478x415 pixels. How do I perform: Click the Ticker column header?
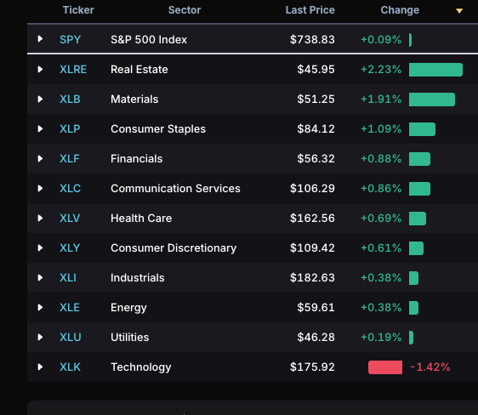tap(78, 10)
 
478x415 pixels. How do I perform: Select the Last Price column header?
tap(310, 10)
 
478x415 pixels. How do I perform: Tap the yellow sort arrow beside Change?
tap(459, 11)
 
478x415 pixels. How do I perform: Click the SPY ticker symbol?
tap(70, 40)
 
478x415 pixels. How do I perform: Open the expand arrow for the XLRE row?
tap(40, 70)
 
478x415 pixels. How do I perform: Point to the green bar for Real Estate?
tap(435, 70)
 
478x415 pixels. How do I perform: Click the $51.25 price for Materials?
tap(316, 99)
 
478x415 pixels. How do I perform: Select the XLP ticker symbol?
tap(70, 129)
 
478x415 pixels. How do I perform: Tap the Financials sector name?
tap(137, 159)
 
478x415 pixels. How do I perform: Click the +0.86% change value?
tap(381, 189)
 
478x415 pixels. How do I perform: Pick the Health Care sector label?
tap(141, 219)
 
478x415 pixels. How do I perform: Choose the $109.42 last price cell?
tap(312, 248)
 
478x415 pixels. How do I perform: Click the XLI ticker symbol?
tap(68, 278)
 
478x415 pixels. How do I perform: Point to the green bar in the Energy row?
tap(413, 308)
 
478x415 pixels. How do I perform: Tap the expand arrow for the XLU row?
tap(40, 338)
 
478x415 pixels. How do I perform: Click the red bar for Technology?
tap(385, 367)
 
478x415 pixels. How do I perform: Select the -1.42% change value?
tap(430, 367)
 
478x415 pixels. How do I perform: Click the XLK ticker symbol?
tap(70, 367)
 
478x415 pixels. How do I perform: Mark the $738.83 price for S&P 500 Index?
tap(312, 40)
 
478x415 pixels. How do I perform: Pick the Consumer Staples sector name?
tap(158, 129)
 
